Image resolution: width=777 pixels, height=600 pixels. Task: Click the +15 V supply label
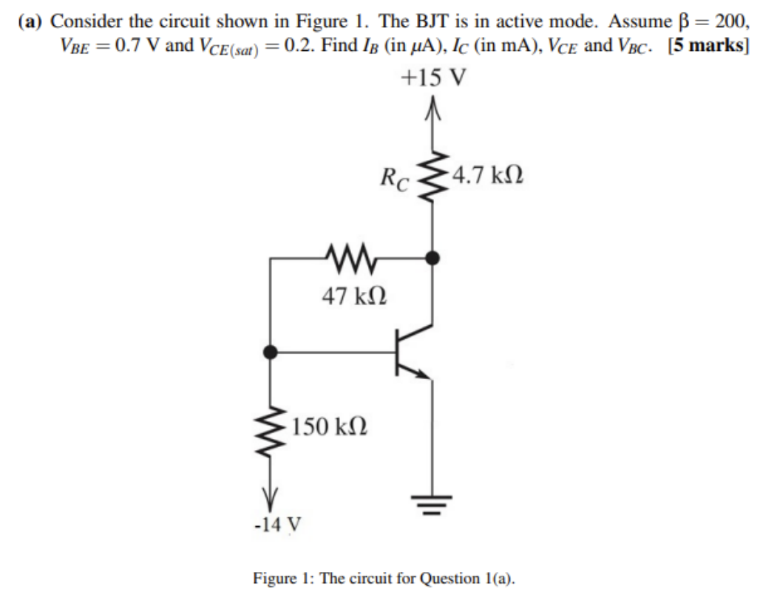click(x=433, y=78)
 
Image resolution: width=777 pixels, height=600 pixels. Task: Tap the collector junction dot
click(x=433, y=258)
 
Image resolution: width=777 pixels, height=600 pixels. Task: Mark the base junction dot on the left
click(x=272, y=352)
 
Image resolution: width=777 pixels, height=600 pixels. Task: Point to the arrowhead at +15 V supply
click(x=433, y=109)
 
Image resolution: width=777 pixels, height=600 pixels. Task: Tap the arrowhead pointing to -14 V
click(x=272, y=495)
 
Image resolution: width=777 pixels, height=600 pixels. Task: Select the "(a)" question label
click(x=32, y=20)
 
